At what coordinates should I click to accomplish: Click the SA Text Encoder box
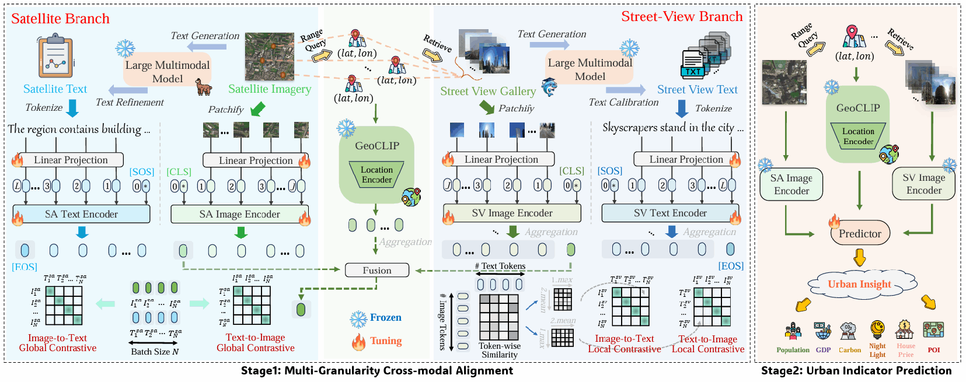[x=81, y=214]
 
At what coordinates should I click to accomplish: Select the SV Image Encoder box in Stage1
[x=512, y=213]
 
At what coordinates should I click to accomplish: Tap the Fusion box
[x=377, y=271]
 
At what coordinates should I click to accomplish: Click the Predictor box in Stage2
[x=860, y=233]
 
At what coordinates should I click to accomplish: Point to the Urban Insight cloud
[x=859, y=284]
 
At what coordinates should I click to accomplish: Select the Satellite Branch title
[x=60, y=19]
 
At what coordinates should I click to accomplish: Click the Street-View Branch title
[x=682, y=16]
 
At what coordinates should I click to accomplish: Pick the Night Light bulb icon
[x=877, y=330]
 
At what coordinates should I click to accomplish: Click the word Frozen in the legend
[x=385, y=318]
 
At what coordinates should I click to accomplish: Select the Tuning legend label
[x=385, y=341]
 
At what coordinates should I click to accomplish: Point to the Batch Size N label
[x=155, y=352]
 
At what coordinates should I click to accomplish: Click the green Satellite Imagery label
[x=270, y=89]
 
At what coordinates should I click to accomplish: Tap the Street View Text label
[x=697, y=90]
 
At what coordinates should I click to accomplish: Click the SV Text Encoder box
[x=670, y=213]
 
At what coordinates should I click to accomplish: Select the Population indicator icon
[x=793, y=331]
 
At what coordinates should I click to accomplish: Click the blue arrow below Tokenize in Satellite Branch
[x=73, y=108]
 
